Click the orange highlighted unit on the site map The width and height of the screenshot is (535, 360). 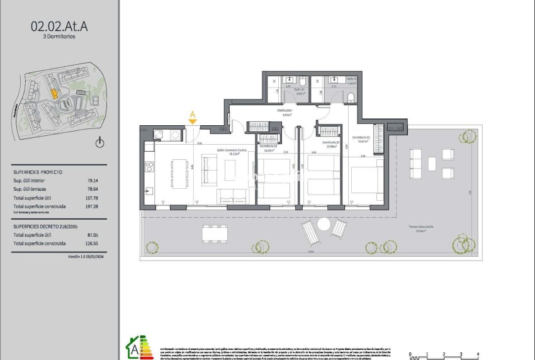54,94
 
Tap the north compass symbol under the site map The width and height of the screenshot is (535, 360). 99,143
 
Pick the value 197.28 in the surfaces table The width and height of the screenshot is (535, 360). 92,206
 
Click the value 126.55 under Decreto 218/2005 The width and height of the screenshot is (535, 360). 92,243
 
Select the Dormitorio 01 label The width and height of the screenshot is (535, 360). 360,137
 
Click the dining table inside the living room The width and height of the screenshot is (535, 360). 180,174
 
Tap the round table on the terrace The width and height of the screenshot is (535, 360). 324,224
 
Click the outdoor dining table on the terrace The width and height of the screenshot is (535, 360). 215,233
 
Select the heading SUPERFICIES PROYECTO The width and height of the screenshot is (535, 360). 37,171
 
